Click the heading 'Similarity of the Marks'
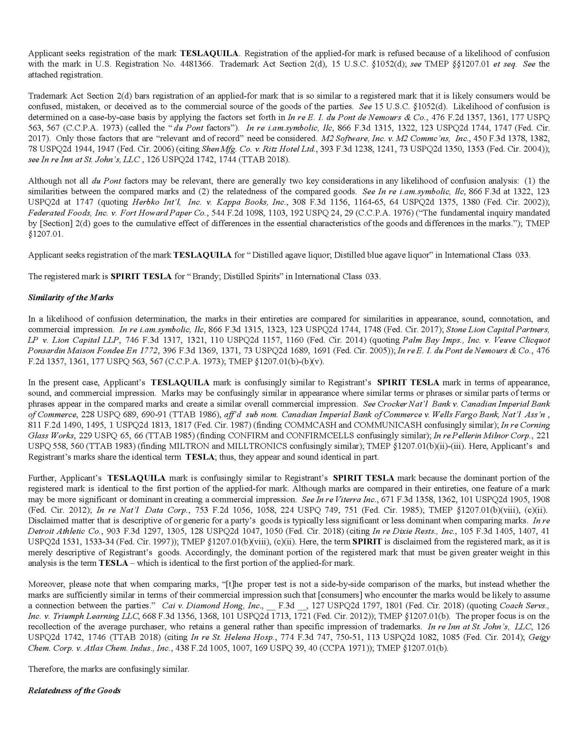point(71,297)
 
